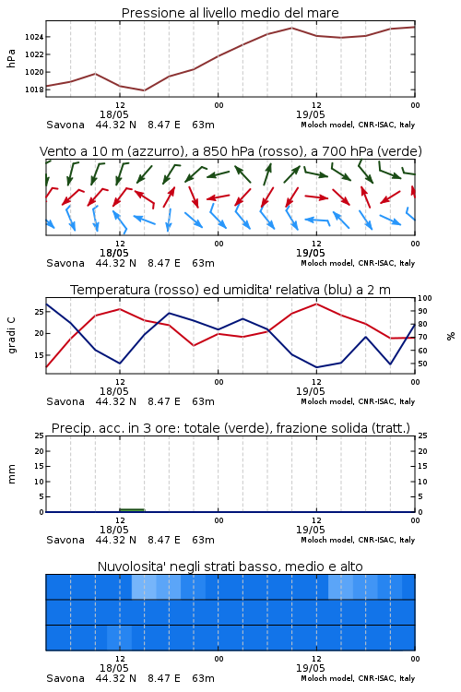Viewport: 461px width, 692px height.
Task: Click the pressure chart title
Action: (x=230, y=13)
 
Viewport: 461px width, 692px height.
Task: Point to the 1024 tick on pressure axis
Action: (x=34, y=37)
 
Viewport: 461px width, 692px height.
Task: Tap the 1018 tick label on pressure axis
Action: (x=34, y=89)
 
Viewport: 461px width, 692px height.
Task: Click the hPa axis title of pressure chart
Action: (x=11, y=58)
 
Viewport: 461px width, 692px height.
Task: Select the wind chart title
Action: (x=230, y=151)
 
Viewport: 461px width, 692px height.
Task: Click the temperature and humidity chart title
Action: (x=230, y=290)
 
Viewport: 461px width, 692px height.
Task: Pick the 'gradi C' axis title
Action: (x=12, y=335)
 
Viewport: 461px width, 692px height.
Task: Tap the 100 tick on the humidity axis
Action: (x=425, y=298)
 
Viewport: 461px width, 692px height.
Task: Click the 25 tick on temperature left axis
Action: (x=40, y=312)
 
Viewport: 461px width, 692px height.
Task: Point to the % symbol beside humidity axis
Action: (x=451, y=336)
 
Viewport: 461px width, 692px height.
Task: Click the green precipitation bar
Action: (x=132, y=510)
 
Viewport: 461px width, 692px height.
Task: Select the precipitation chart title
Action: (x=230, y=428)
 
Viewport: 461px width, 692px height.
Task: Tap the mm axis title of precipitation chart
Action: (x=11, y=474)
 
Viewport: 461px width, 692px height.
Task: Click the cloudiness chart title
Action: (x=230, y=567)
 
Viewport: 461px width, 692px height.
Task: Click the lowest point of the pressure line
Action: (x=144, y=90)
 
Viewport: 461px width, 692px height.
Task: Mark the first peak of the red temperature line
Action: (x=120, y=309)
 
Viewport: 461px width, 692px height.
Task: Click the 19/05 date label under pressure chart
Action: (x=310, y=114)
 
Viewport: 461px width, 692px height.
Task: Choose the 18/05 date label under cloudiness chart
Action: (x=113, y=668)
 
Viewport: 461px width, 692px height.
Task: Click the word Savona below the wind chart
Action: (x=65, y=263)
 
